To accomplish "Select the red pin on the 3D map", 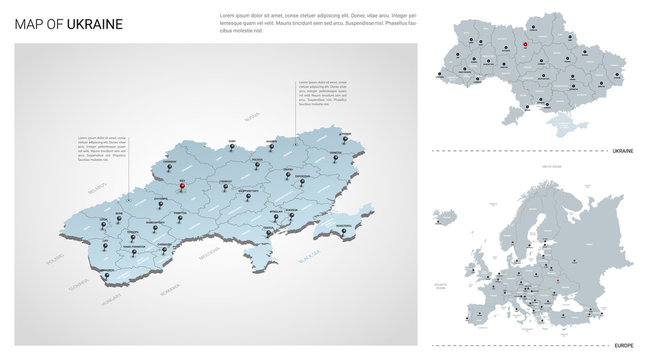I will (182, 184).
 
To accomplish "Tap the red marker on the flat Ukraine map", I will (525, 44).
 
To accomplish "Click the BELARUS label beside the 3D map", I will (96, 187).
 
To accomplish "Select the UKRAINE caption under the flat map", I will (621, 151).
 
